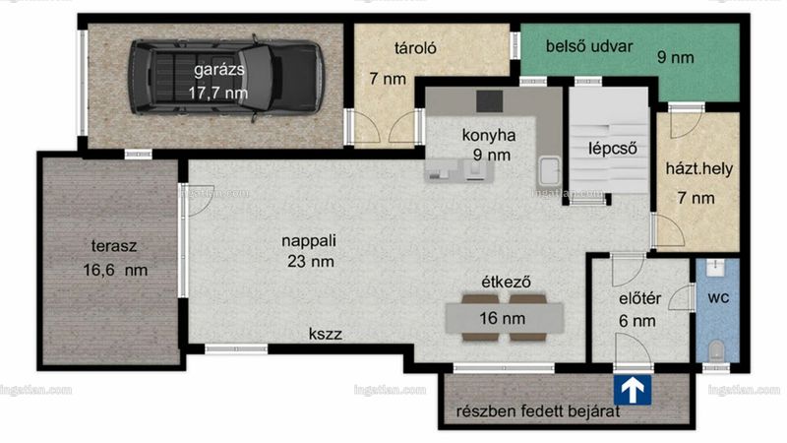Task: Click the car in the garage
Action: pyautogui.click(x=226, y=78)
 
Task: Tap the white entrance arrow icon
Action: pyautogui.click(x=633, y=390)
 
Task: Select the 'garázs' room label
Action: pyautogui.click(x=219, y=69)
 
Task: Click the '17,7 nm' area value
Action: pyautogui.click(x=218, y=93)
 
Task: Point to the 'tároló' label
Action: pyautogui.click(x=415, y=47)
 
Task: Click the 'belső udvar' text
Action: pyautogui.click(x=589, y=46)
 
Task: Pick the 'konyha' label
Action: pyautogui.click(x=489, y=135)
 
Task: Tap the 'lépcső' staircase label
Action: pyautogui.click(x=613, y=149)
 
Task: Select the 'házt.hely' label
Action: pyautogui.click(x=699, y=168)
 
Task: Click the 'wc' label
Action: pyautogui.click(x=718, y=298)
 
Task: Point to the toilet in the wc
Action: pyautogui.click(x=716, y=349)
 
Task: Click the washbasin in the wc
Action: pyautogui.click(x=716, y=268)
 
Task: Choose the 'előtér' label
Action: pyautogui.click(x=640, y=299)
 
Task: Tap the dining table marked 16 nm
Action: pyautogui.click(x=504, y=318)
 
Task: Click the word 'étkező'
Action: pyautogui.click(x=506, y=282)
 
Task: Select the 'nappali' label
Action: pyautogui.click(x=309, y=240)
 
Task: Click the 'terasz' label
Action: pyautogui.click(x=114, y=246)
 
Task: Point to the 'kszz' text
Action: pyautogui.click(x=326, y=334)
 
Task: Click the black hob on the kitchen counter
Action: pyautogui.click(x=489, y=101)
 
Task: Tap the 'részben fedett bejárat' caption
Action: pyautogui.click(x=538, y=411)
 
